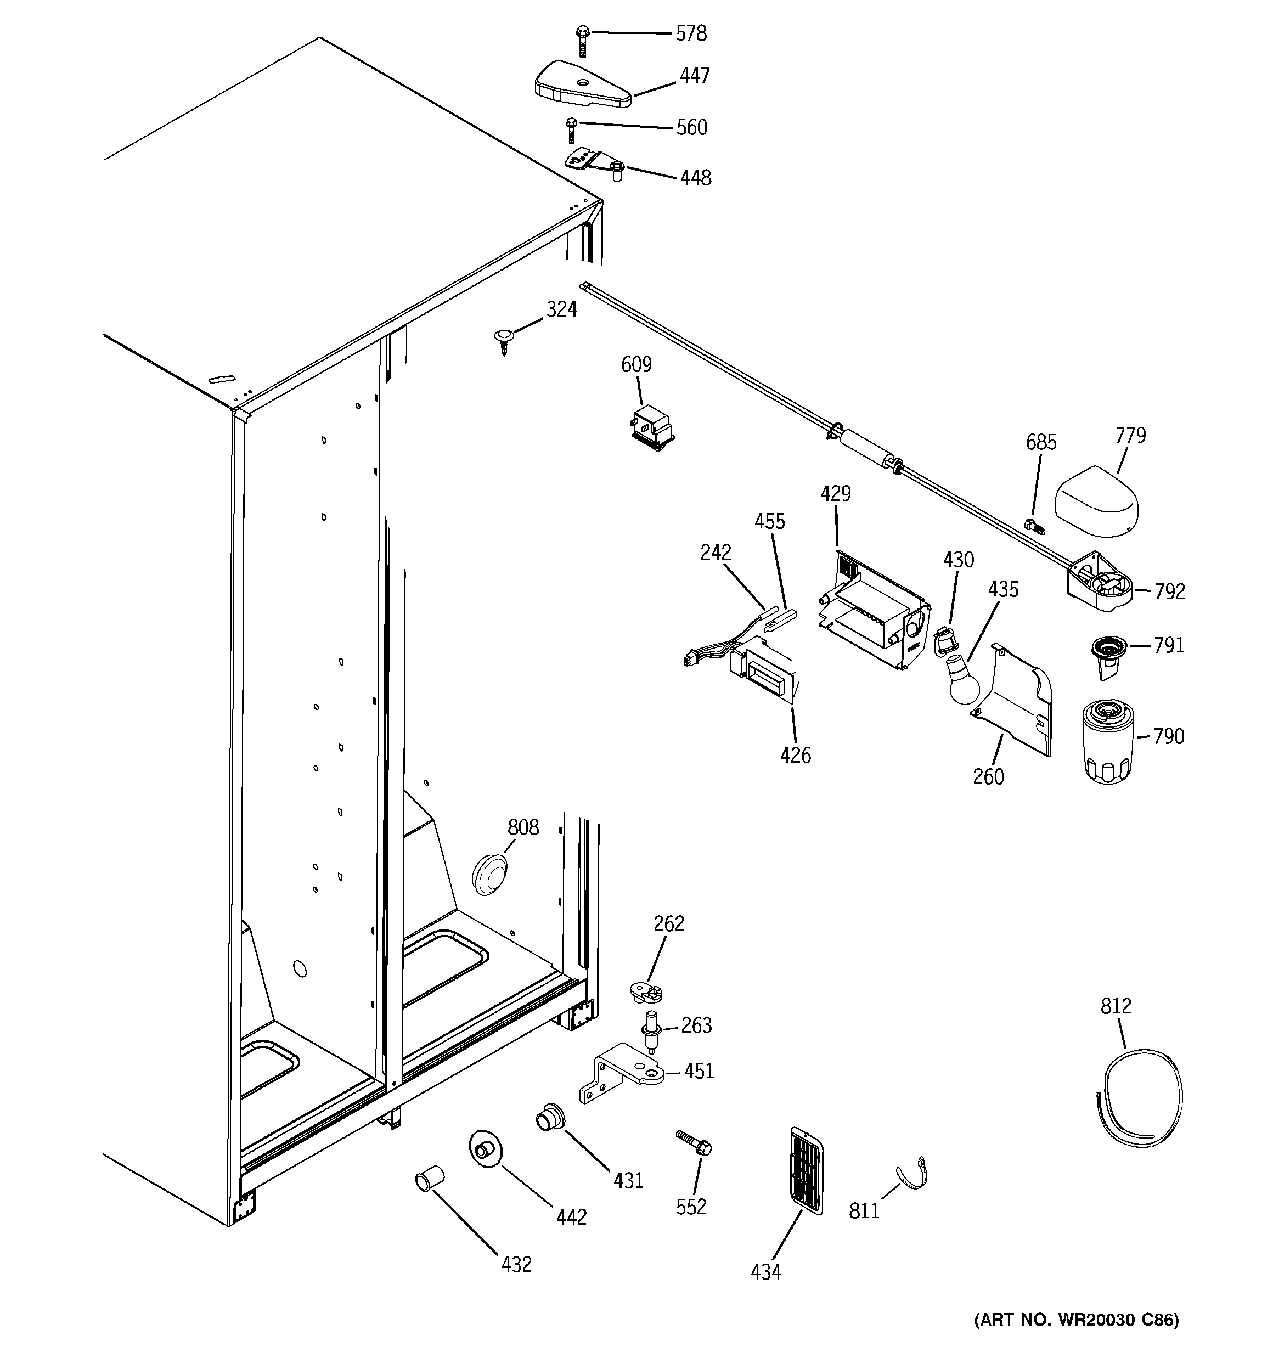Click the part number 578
point(691,33)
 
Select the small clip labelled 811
point(914,1175)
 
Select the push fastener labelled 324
point(504,340)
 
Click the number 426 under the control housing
point(796,755)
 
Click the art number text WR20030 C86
point(1076,1320)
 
